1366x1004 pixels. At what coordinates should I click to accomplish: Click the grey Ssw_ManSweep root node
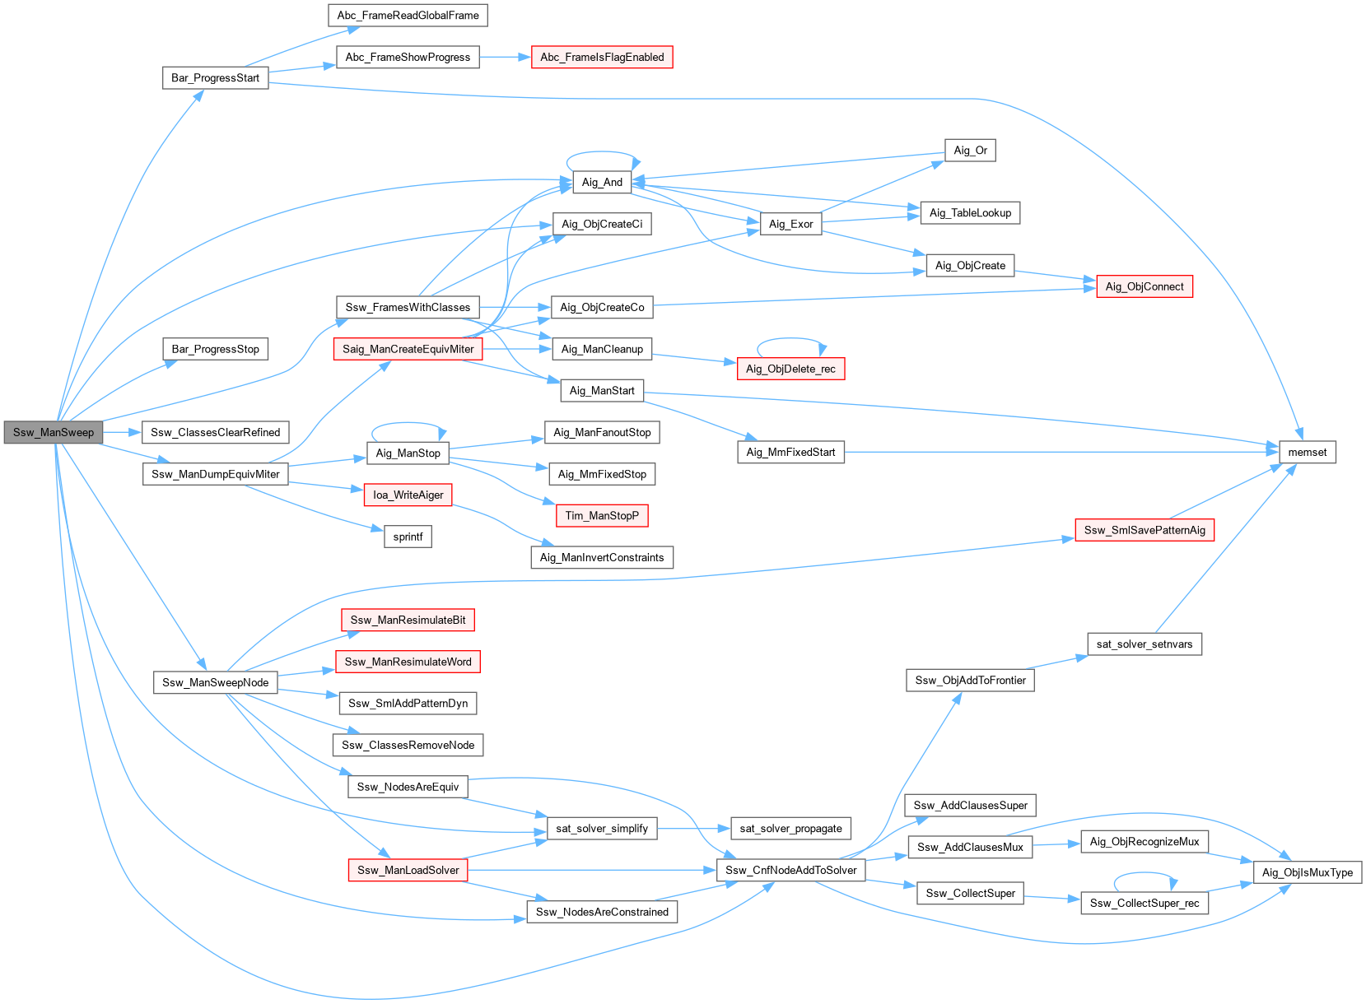[x=54, y=432]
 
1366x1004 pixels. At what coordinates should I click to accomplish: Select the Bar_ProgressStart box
[x=215, y=77]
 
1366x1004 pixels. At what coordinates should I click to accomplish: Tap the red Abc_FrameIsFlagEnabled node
[x=602, y=57]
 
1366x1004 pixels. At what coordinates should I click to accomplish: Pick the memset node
[x=1307, y=452]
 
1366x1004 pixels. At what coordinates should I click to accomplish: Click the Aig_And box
[x=602, y=182]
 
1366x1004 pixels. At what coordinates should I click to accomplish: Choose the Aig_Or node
[x=970, y=150]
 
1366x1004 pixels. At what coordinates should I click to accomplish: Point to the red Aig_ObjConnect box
[x=1144, y=286]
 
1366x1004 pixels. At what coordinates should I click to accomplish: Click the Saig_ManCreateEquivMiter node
[x=408, y=349]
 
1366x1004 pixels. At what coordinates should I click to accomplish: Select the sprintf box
[x=408, y=537]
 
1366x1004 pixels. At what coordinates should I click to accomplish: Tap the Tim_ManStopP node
[x=602, y=516]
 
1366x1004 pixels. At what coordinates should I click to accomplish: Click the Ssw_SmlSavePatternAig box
[x=1144, y=530]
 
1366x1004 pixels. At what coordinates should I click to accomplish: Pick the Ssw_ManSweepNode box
[x=215, y=682]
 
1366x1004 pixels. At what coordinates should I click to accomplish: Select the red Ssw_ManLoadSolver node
[x=408, y=870]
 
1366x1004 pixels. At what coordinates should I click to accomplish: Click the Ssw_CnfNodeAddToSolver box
[x=790, y=870]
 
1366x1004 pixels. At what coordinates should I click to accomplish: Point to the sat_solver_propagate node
[x=790, y=828]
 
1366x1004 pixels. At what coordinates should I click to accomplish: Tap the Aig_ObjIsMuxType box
[x=1307, y=872]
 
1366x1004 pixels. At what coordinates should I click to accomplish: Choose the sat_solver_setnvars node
[x=1144, y=644]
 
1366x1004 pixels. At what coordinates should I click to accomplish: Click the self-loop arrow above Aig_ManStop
[x=408, y=424]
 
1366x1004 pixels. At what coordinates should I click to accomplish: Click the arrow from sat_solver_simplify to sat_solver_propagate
[x=694, y=828]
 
